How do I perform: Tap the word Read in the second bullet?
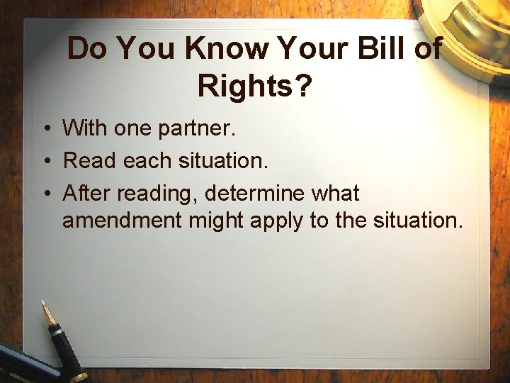(x=90, y=160)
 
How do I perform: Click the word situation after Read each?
(x=223, y=160)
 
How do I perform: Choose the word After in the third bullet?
(x=87, y=192)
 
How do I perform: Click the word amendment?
(x=123, y=221)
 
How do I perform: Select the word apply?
(x=278, y=221)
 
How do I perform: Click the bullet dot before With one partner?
(x=45, y=129)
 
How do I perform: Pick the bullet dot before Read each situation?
(x=45, y=161)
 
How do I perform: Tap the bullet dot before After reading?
(x=45, y=193)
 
